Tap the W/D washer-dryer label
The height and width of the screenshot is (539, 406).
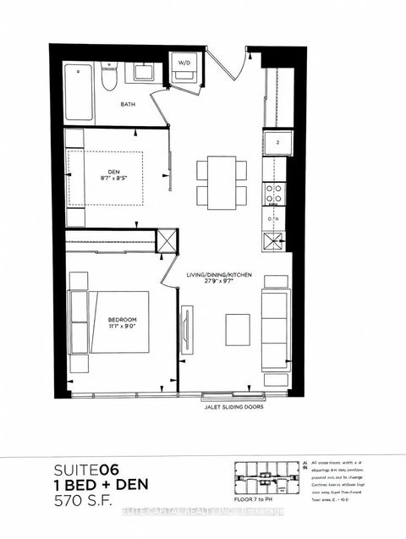tap(184, 62)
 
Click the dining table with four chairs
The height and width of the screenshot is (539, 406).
tap(222, 182)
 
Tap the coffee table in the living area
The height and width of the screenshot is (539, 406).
tap(238, 329)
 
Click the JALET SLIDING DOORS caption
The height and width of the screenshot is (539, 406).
tap(233, 407)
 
